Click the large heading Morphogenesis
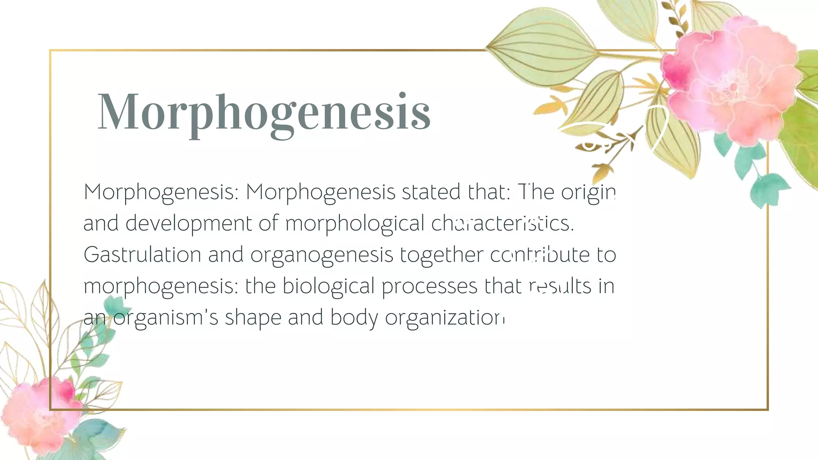pyautogui.click(x=264, y=112)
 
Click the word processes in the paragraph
pyautogui.click(x=429, y=287)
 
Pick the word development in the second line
pyautogui.click(x=189, y=224)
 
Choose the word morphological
pyautogui.click(x=355, y=224)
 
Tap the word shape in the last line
pyautogui.click(x=253, y=318)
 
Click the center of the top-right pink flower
pyautogui.click(x=733, y=86)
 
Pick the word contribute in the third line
pyautogui.click(x=540, y=255)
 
